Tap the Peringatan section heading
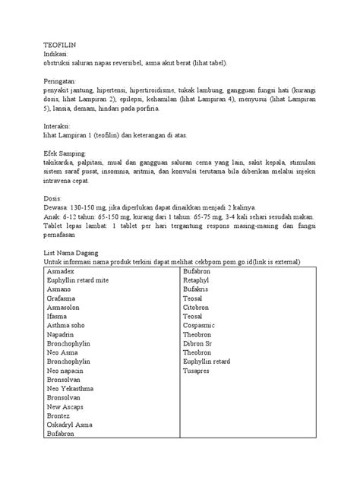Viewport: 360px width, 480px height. [64, 81]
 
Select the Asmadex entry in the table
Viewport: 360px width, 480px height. [62, 270]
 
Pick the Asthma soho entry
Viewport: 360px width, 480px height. [69, 325]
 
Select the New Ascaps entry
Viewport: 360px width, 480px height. [66, 406]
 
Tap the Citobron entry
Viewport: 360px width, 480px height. [197, 307]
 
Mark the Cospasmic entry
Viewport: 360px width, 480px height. [201, 325]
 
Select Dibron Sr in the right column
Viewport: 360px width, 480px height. [199, 343]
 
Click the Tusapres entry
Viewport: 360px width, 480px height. [199, 370]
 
